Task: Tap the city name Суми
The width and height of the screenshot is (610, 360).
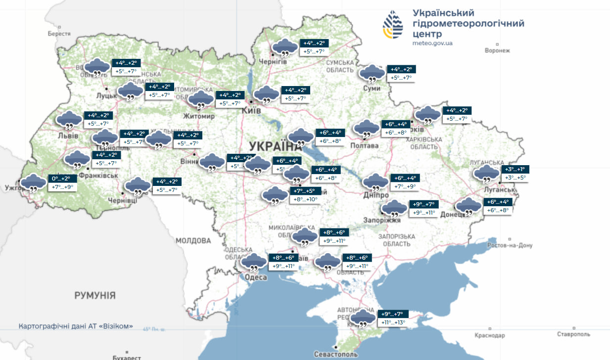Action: pyautogui.click(x=372, y=88)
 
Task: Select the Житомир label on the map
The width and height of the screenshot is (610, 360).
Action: pyautogui.click(x=199, y=116)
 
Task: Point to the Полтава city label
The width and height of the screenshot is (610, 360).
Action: pyautogui.click(x=364, y=145)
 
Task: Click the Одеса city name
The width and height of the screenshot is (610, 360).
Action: pyautogui.click(x=256, y=277)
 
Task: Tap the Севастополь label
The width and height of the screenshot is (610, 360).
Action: pyautogui.click(x=335, y=354)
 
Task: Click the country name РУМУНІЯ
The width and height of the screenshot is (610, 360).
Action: pyautogui.click(x=95, y=296)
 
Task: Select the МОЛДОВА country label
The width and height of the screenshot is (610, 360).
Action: pyautogui.click(x=193, y=241)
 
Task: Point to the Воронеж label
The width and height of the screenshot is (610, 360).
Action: pyautogui.click(x=497, y=50)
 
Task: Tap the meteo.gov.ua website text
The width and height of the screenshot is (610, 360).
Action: pyautogui.click(x=432, y=43)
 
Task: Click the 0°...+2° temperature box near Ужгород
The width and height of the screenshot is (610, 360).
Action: pyautogui.click(x=63, y=179)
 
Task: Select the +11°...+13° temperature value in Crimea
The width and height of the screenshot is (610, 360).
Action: pyautogui.click(x=393, y=323)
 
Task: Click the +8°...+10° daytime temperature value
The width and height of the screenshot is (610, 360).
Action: pyautogui.click(x=305, y=199)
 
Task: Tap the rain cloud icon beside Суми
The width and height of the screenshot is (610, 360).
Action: pyautogui.click(x=371, y=74)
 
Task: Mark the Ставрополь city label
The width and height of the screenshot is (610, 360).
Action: pyautogui.click(x=573, y=334)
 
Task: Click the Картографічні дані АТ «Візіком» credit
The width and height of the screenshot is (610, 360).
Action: pyautogui.click(x=76, y=326)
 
